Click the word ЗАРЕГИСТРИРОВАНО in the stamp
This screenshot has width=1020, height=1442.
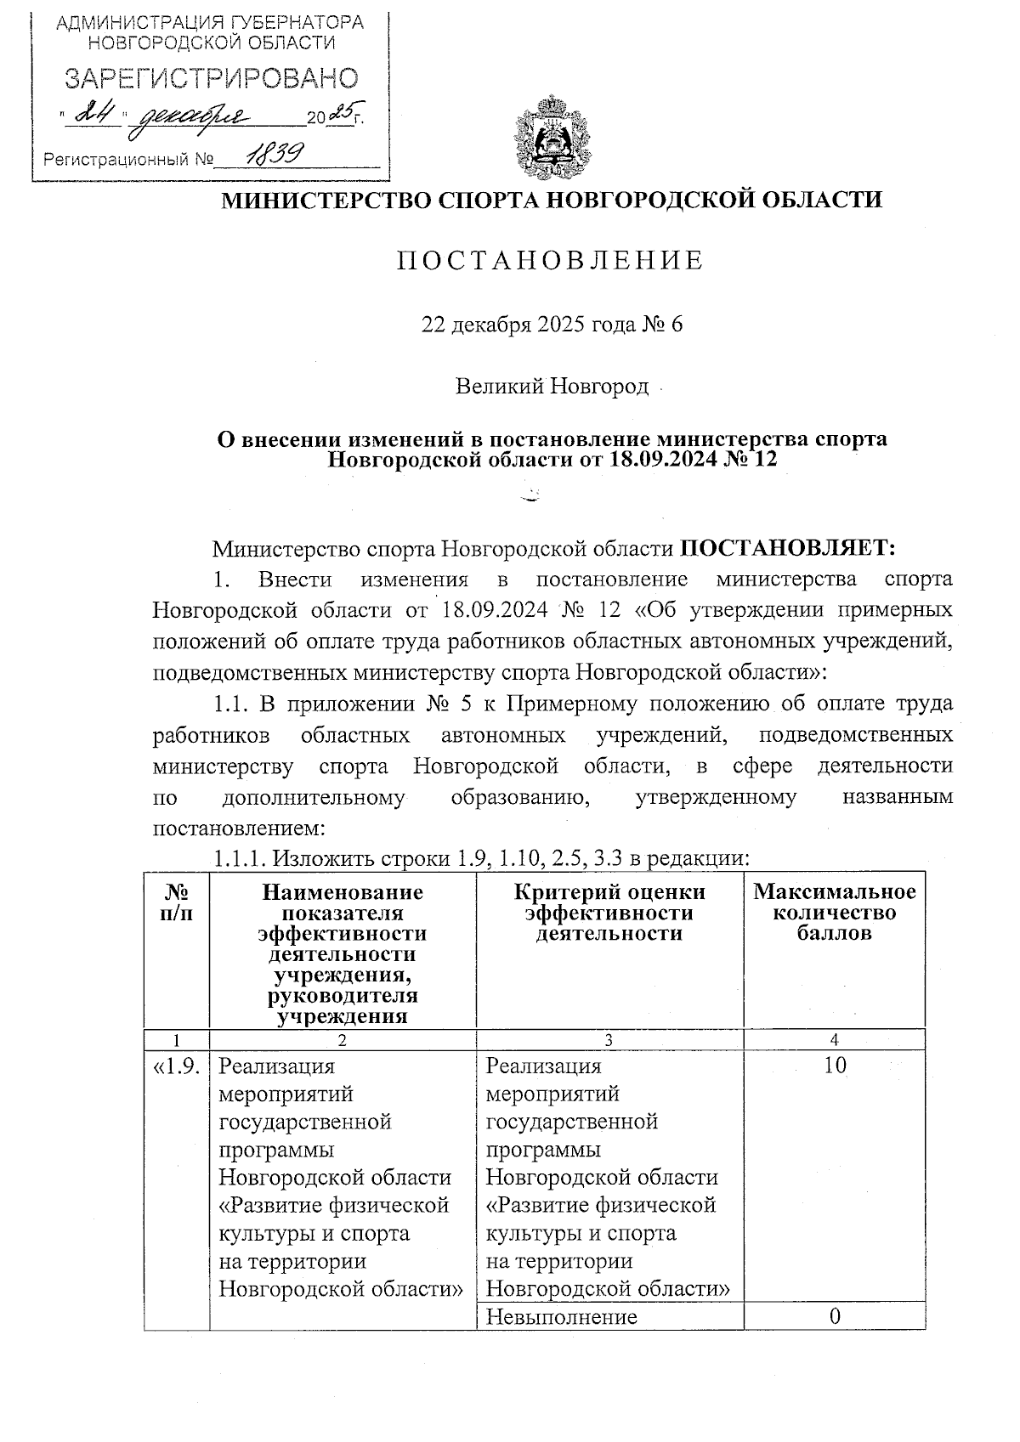tap(211, 79)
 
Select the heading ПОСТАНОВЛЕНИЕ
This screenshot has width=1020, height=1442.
tap(551, 260)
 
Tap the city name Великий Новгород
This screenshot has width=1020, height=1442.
tap(552, 387)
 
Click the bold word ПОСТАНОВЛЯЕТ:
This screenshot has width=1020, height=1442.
tap(788, 548)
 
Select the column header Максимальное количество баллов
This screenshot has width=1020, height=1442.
tap(834, 912)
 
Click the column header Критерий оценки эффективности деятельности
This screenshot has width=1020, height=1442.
tap(609, 912)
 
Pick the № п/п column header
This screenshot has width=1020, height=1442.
tap(177, 902)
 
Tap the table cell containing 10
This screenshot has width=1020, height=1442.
tap(835, 1066)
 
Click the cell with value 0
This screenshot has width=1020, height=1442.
tap(835, 1316)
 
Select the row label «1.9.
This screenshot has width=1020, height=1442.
tap(177, 1066)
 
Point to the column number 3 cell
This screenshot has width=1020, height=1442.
tap(609, 1039)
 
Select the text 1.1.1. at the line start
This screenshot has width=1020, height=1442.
tap(240, 858)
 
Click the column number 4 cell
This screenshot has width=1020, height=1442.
tap(835, 1039)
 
